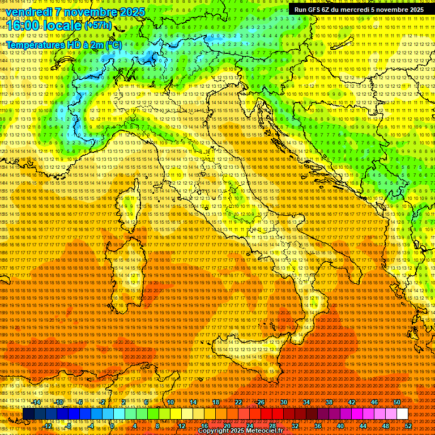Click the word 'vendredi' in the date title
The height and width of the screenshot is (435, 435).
click(28, 12)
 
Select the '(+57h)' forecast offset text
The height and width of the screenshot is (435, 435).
click(98, 25)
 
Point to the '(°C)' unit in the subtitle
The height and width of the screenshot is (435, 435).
click(113, 45)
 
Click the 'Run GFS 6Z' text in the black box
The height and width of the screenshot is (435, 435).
click(316, 10)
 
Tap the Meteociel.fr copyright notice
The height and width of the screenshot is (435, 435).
click(240, 431)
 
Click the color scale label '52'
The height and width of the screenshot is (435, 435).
click(408, 425)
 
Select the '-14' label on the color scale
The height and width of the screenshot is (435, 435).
click(36, 402)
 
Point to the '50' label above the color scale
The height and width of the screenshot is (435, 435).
click(397, 402)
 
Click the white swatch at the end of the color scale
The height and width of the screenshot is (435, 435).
click(402, 414)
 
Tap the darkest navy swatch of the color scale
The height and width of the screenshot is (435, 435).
click(28, 414)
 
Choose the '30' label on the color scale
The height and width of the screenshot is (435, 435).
click(283, 402)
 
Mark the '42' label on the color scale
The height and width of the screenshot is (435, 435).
click(351, 402)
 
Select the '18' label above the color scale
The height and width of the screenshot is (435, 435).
click(215, 402)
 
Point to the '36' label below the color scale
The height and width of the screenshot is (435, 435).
click(317, 425)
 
